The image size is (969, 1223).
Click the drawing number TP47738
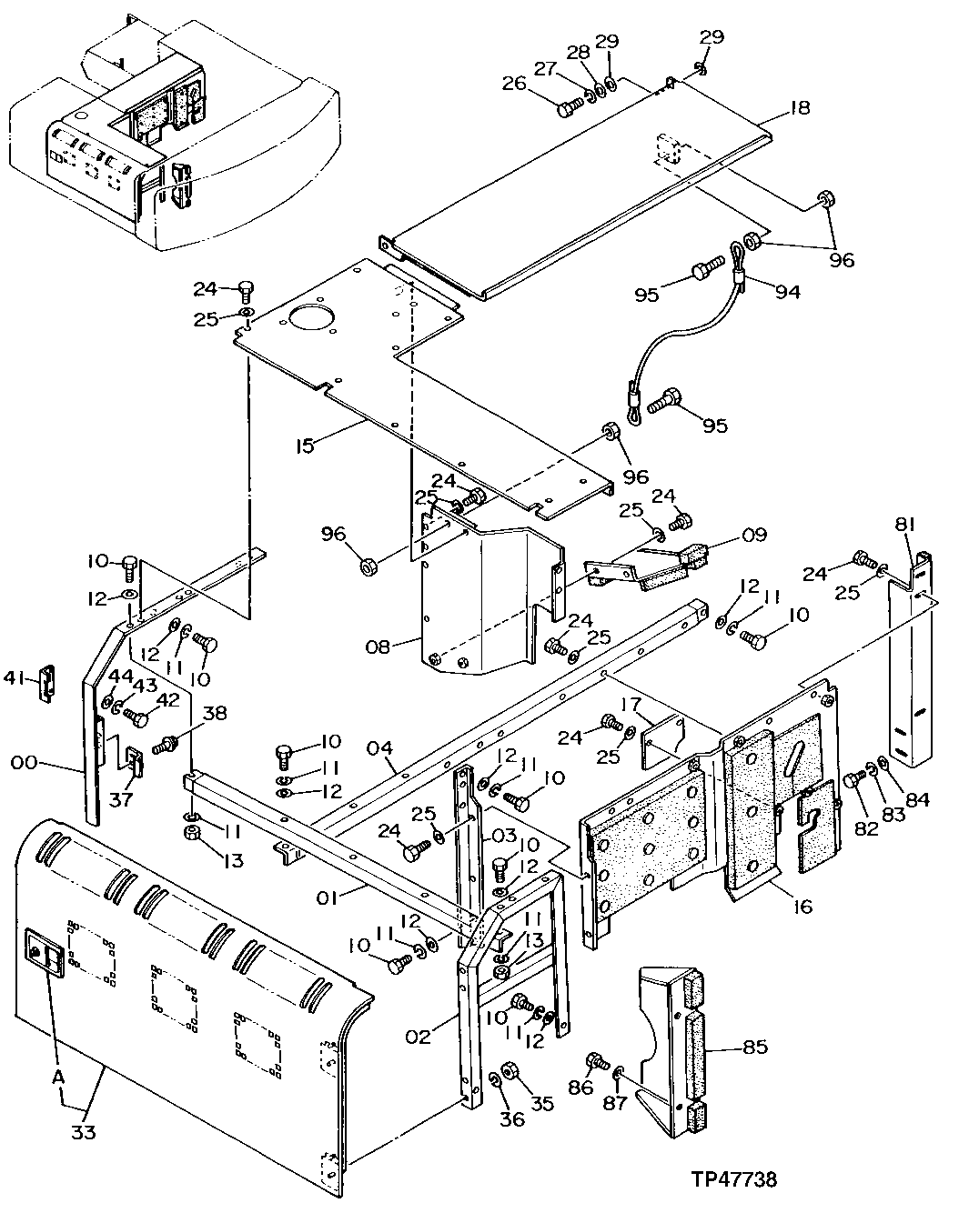(732, 1179)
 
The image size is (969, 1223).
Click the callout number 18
(799, 108)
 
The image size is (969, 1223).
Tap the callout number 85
(753, 1048)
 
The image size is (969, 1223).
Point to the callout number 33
(84, 1134)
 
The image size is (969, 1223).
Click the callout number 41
(14, 677)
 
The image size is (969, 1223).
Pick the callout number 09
(754, 535)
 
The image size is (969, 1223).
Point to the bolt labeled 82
(853, 779)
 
